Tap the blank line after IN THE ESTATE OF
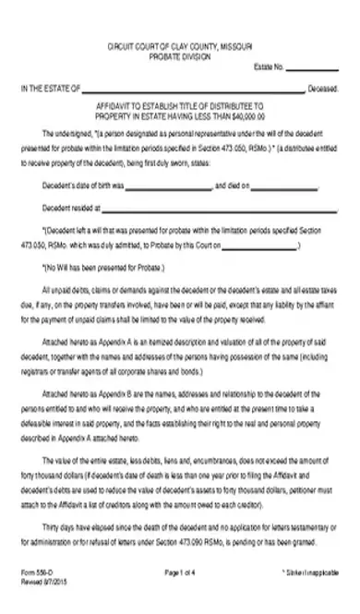coord(193,90)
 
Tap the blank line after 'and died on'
coord(282,185)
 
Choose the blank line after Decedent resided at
coord(203,208)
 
